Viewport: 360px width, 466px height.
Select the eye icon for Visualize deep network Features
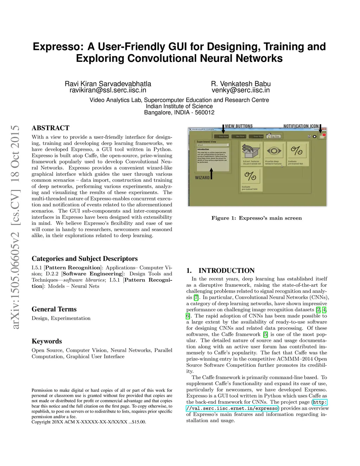coord(273,151)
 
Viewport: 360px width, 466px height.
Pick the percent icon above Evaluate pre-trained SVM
coord(251,176)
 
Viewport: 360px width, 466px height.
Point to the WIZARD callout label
coord(202,178)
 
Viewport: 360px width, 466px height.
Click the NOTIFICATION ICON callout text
coord(301,126)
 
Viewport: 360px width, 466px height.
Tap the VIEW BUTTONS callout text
coord(239,126)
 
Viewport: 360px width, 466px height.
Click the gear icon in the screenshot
coord(314,136)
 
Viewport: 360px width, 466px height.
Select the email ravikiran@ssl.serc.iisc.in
coord(108,90)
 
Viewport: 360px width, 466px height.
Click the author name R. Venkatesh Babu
coord(240,84)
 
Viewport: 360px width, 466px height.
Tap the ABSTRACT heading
coord(50,128)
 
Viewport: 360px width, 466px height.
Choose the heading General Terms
coord(54,309)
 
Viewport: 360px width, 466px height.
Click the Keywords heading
coord(46,341)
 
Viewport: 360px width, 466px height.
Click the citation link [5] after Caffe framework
coord(265,334)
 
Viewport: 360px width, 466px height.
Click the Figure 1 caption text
coord(256,218)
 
